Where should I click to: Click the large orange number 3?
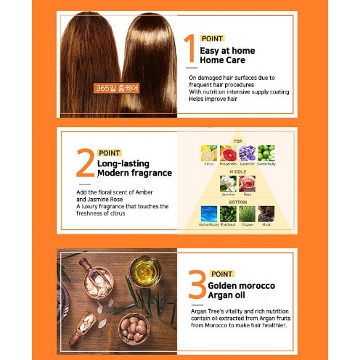tap(197, 285)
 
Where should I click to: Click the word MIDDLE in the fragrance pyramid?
tap(237, 171)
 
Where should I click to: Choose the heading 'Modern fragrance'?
tap(134, 173)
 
